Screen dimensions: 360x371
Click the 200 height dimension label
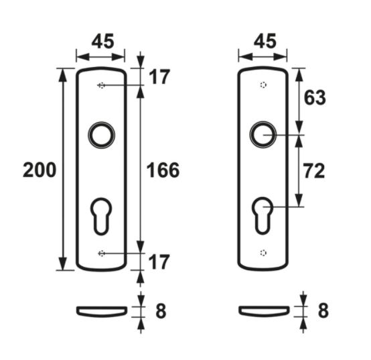point(39,170)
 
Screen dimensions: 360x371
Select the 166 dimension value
point(163,170)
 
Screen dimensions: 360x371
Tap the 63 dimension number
point(315,98)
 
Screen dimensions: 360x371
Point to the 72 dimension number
point(315,171)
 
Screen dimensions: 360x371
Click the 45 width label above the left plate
point(101,42)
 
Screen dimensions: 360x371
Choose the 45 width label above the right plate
point(264,42)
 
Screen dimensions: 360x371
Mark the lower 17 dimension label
point(159,261)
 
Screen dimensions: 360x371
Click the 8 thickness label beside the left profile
point(160,311)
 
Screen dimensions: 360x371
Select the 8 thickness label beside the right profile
point(323,311)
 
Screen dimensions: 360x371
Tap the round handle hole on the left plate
point(101,135)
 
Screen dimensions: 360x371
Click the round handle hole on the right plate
point(263,135)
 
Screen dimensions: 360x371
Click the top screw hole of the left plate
point(101,86)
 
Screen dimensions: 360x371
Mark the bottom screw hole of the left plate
point(101,253)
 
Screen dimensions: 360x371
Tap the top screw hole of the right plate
point(263,86)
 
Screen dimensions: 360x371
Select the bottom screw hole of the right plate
point(263,253)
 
